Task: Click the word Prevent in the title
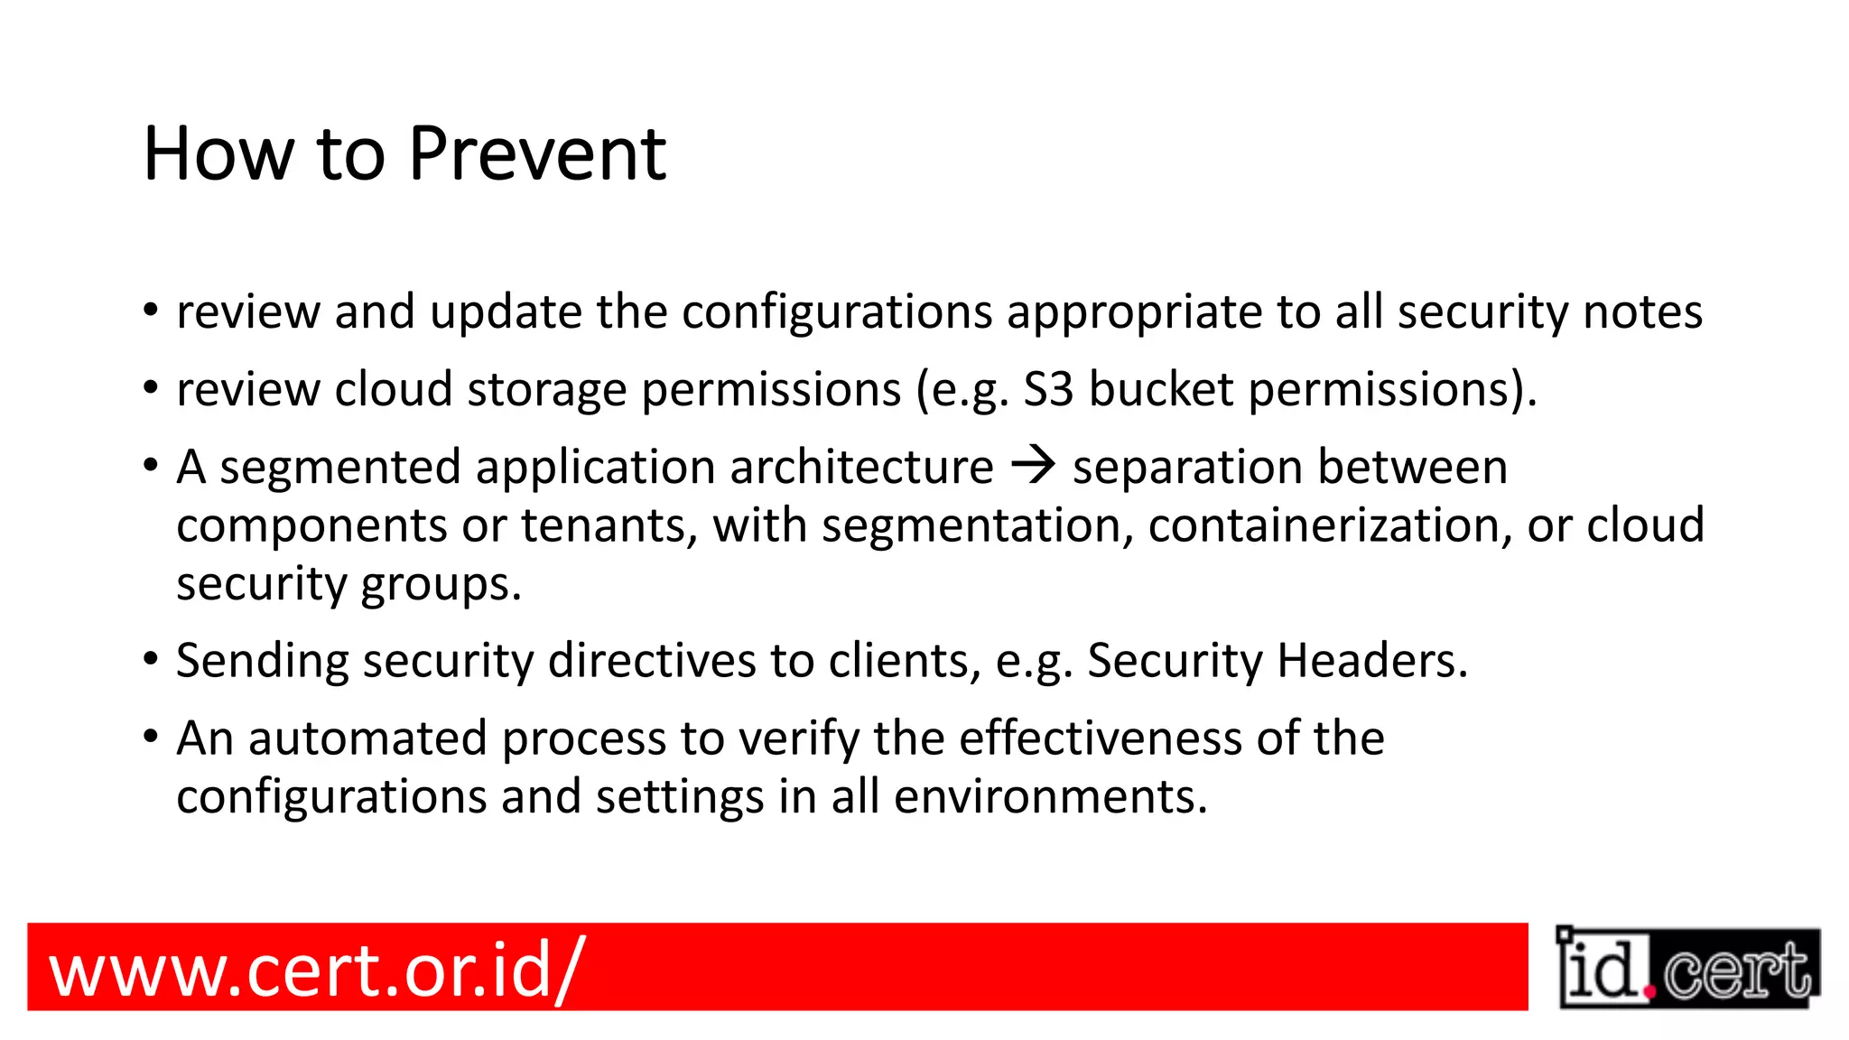[537, 154]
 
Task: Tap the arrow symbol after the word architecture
[1033, 465]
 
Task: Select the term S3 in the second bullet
[1048, 390]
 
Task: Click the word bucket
[1161, 390]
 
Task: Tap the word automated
[367, 738]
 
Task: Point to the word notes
[1642, 312]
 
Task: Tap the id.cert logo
[1687, 968]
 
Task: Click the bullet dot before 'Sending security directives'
[151, 658]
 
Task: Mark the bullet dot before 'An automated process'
[151, 736]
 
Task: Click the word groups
[441, 585]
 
